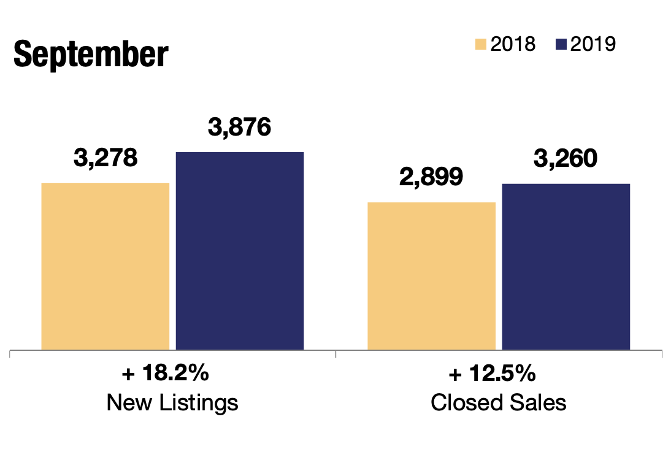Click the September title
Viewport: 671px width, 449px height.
point(90,55)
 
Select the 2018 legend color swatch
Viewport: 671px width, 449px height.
point(481,44)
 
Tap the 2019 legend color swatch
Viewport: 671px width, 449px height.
point(561,44)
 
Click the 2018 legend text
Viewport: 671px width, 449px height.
point(513,44)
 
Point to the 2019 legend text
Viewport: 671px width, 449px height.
point(592,44)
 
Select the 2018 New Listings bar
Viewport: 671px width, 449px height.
point(105,266)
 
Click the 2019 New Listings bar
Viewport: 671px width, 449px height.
point(240,251)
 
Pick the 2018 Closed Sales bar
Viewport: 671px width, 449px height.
point(431,276)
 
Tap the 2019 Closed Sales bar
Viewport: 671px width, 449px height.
point(566,267)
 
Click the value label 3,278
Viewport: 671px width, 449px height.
point(105,158)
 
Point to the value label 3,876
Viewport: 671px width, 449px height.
point(240,128)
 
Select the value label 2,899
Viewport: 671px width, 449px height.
point(431,177)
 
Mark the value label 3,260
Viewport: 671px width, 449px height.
point(566,158)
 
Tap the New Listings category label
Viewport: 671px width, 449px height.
point(172,403)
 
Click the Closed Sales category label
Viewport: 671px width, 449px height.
point(498,403)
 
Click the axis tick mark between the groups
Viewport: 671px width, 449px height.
point(336,353)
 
